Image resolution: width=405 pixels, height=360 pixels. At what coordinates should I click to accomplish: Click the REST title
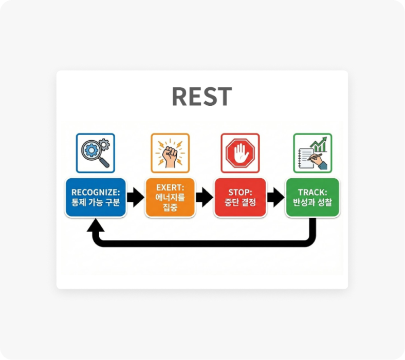click(x=201, y=96)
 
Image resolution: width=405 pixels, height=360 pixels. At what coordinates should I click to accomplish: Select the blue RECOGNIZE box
click(x=96, y=197)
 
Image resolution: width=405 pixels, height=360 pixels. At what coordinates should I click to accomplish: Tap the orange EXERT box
click(x=170, y=197)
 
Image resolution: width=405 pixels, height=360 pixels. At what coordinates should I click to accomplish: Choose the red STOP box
click(x=240, y=197)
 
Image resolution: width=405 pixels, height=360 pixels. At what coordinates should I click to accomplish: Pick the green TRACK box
click(x=312, y=197)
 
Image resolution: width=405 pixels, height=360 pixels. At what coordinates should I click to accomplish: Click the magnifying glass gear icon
click(x=96, y=153)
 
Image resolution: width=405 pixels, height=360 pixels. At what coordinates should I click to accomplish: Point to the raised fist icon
click(x=170, y=153)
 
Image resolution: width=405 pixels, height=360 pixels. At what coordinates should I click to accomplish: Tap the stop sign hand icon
click(x=240, y=153)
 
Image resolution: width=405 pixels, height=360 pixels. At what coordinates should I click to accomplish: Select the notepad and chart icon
click(x=312, y=153)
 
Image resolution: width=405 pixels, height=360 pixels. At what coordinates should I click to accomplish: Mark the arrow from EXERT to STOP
click(x=205, y=197)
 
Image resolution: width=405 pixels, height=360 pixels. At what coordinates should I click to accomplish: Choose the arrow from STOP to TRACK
click(x=275, y=197)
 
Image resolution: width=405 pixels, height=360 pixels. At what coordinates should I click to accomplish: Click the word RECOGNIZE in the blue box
click(x=96, y=193)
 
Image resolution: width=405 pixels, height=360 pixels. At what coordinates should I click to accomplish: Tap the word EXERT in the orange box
click(x=170, y=187)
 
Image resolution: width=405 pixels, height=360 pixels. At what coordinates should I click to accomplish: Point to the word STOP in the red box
click(x=240, y=193)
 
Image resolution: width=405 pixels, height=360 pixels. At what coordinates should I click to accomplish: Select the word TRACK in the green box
click(x=312, y=193)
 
